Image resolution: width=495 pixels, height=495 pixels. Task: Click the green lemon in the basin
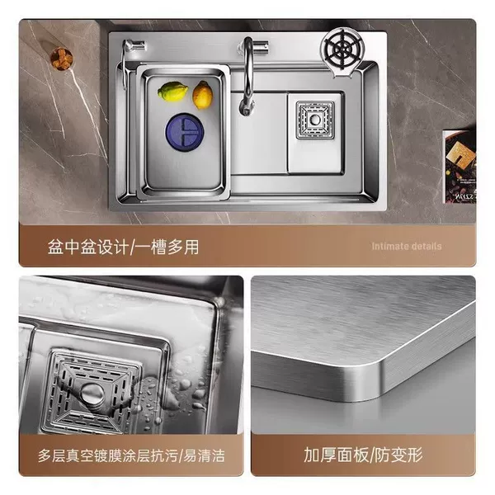pos(172,92)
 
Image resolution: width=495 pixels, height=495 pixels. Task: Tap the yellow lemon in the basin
pos(203,95)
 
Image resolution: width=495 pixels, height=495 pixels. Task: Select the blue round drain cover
pos(185,132)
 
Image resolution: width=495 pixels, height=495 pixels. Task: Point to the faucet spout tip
pos(246,111)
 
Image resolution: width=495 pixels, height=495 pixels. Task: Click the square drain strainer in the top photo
pos(315,120)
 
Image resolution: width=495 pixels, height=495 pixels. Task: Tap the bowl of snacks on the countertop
pos(62,59)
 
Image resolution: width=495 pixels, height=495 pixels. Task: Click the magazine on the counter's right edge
pos(460,167)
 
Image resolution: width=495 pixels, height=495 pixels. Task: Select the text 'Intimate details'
pos(407,246)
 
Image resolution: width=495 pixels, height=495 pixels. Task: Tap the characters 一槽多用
pos(166,247)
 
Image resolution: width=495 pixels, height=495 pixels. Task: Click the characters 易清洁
pos(205,455)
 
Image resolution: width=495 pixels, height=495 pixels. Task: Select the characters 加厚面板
pos(337,455)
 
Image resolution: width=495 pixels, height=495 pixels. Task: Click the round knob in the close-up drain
pos(92,394)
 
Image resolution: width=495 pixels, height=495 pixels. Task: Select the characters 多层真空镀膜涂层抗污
pos(107,455)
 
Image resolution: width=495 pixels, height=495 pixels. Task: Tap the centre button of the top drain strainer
pos(315,120)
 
